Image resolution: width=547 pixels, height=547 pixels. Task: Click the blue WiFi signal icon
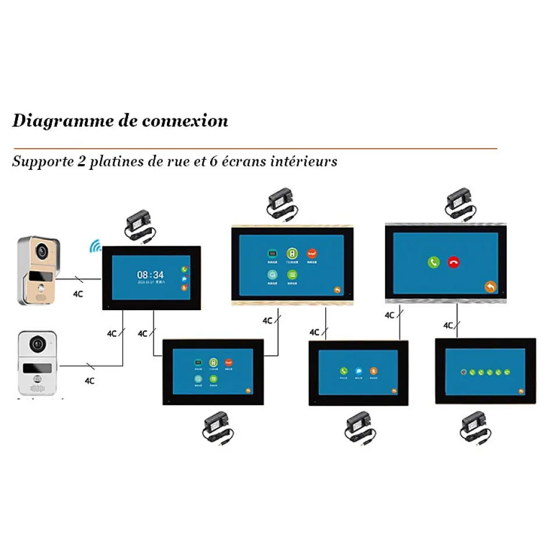[x=94, y=246]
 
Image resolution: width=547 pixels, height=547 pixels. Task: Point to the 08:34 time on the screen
[x=150, y=275]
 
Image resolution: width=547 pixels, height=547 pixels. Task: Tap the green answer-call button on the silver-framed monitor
[x=434, y=262]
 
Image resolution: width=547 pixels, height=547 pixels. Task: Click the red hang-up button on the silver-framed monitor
[x=453, y=262]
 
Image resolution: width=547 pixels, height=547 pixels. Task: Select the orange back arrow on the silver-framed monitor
[x=491, y=286]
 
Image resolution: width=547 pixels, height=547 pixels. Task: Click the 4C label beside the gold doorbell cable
[x=77, y=294]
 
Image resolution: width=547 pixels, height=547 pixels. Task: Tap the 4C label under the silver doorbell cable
[x=90, y=381]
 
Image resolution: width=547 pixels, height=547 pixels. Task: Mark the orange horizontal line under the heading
[x=255, y=149]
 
